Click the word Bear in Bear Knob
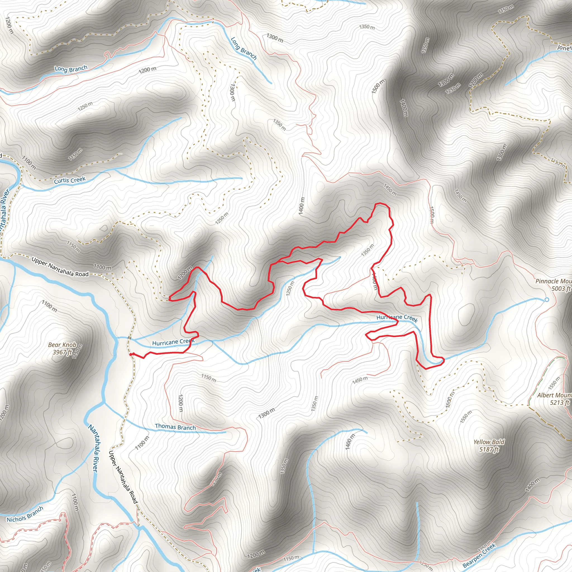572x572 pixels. [54, 345]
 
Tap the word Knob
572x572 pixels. [69, 345]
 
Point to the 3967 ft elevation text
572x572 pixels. [63, 352]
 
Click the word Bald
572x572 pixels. [498, 442]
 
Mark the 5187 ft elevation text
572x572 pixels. [489, 449]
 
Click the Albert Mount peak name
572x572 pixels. [554, 395]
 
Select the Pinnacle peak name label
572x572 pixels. [553, 281]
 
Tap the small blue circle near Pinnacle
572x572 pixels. [547, 300]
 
